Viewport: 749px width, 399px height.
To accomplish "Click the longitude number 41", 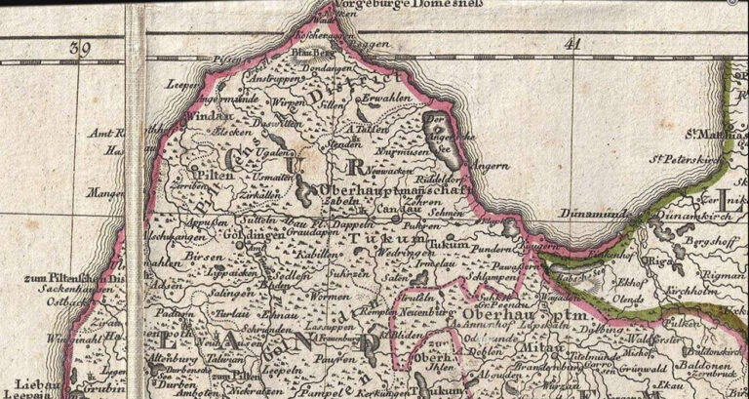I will [x=572, y=44].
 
